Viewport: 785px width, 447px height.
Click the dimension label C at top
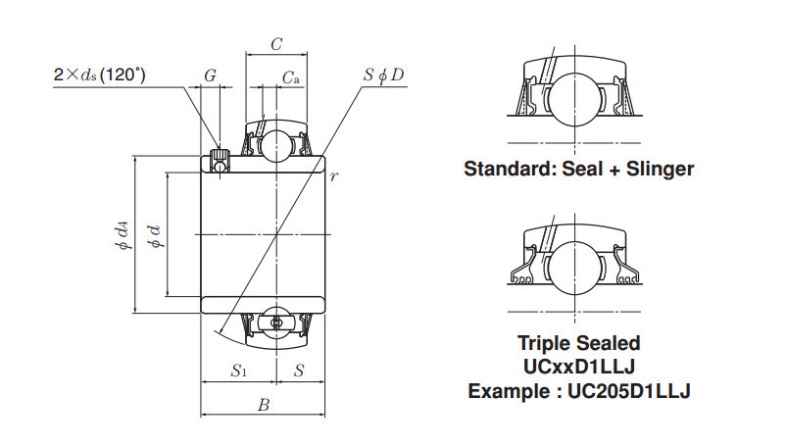pyautogui.click(x=276, y=44)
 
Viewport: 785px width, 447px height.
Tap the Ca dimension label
pyautogui.click(x=290, y=77)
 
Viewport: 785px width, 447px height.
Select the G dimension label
pyautogui.click(x=210, y=76)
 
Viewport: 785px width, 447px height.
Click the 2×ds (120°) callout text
pyautogui.click(x=100, y=74)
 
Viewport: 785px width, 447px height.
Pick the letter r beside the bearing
pyautogui.click(x=334, y=176)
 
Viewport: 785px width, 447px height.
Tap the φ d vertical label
pyautogui.click(x=152, y=235)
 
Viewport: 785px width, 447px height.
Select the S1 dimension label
pyautogui.click(x=239, y=371)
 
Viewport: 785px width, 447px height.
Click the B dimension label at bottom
pyautogui.click(x=263, y=404)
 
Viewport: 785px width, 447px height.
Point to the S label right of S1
pyautogui.click(x=299, y=371)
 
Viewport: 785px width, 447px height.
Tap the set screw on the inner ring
pyautogui.click(x=221, y=158)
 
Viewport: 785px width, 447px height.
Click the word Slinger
pyautogui.click(x=659, y=169)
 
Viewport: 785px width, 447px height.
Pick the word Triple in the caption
pyautogui.click(x=543, y=343)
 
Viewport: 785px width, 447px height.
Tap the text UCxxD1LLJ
pyautogui.click(x=578, y=367)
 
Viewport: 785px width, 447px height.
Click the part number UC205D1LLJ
pyautogui.click(x=629, y=390)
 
